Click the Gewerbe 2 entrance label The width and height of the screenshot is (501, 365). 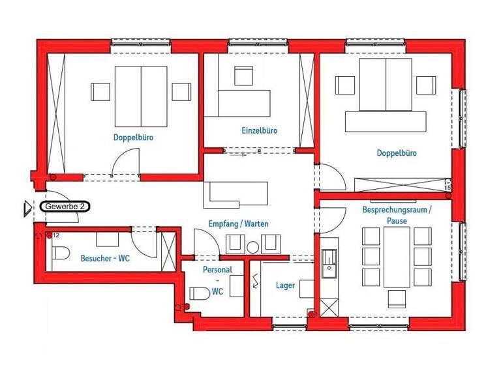point(65,206)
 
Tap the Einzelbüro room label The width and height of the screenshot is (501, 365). point(259,130)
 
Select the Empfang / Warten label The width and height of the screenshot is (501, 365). point(239,224)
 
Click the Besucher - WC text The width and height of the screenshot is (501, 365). point(105,258)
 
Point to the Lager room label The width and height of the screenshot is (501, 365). point(285,285)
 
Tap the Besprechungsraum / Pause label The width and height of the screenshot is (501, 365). point(397,215)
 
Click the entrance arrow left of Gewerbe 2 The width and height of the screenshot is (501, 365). point(27,208)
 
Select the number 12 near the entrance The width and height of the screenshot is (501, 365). point(56,235)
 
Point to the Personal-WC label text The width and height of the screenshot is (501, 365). point(217,280)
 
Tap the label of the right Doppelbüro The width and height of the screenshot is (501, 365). point(396,153)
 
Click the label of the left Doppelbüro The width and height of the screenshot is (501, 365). point(133,138)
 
